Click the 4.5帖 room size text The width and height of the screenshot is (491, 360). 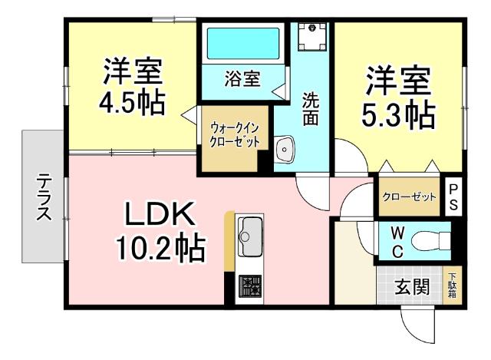click(x=131, y=101)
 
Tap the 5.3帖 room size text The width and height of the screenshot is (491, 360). click(x=398, y=114)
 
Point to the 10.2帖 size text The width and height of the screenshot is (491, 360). click(x=160, y=248)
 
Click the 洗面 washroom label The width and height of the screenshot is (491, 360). click(x=311, y=107)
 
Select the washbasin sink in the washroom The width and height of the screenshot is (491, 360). click(x=285, y=150)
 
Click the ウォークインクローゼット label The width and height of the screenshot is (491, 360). click(x=236, y=135)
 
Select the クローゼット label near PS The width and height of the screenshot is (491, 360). click(x=410, y=197)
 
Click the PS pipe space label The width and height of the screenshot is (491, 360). click(x=453, y=197)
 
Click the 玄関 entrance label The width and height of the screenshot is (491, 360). click(x=411, y=289)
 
